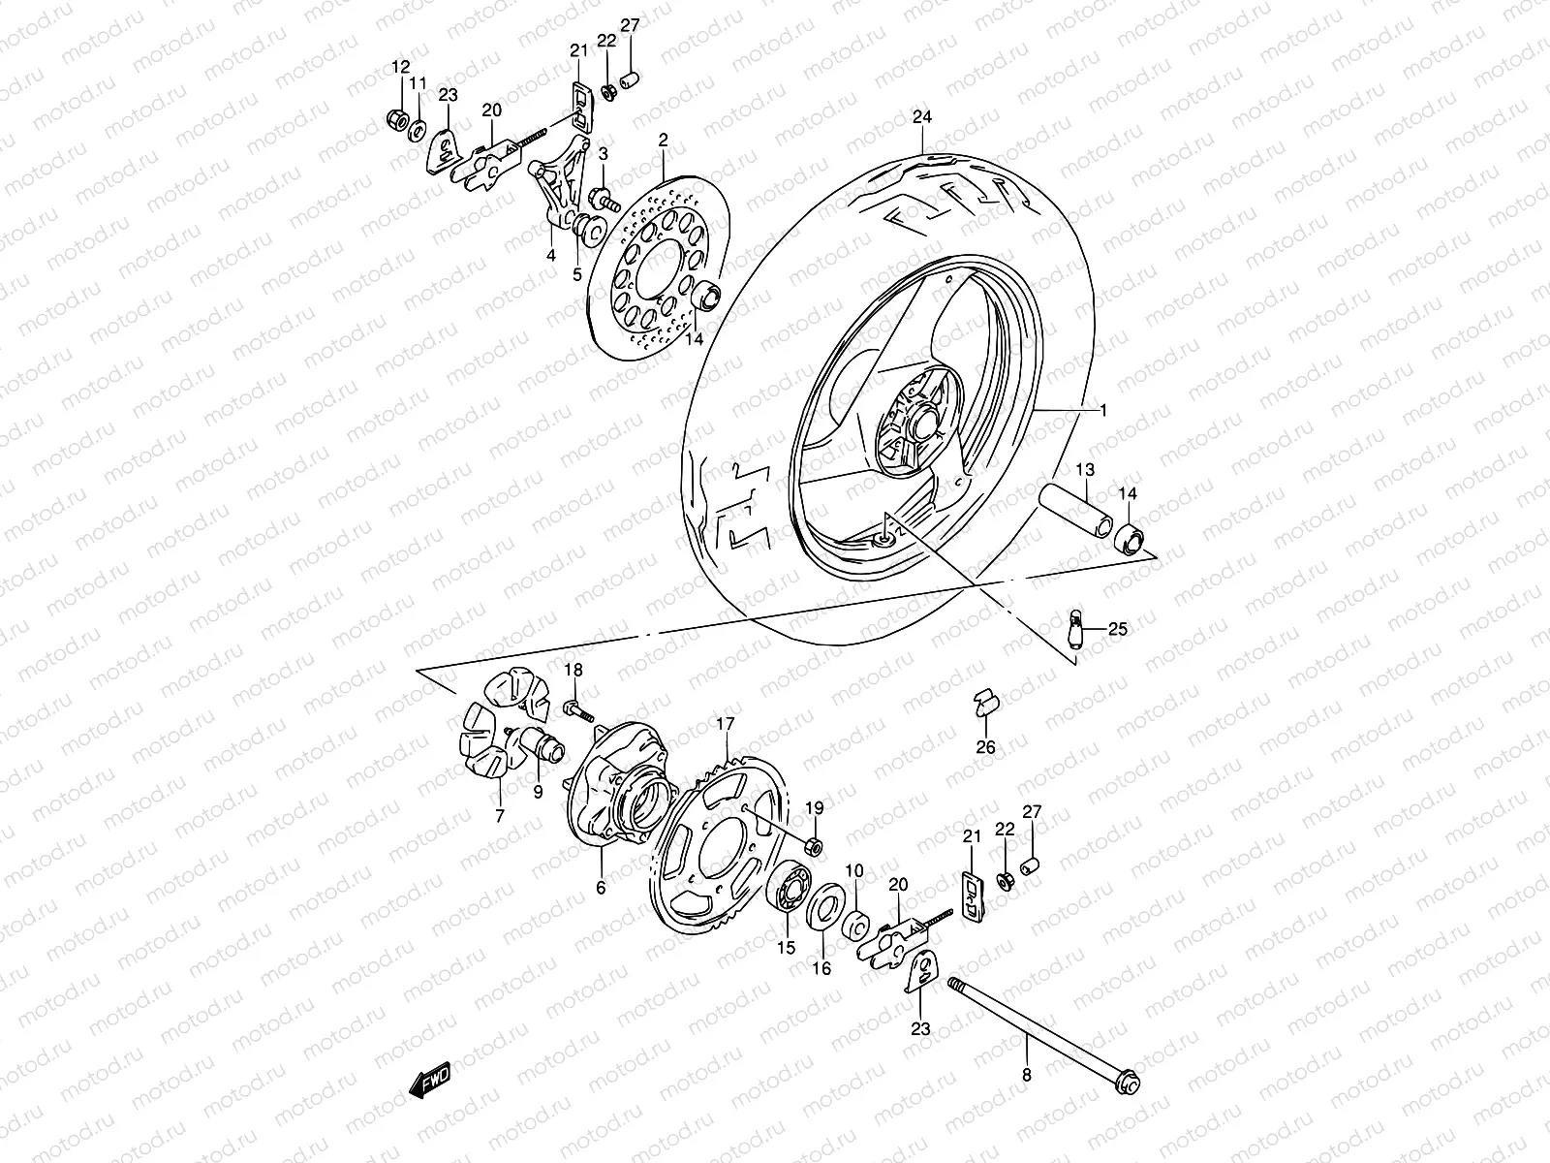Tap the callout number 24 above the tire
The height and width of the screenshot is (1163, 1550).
[922, 118]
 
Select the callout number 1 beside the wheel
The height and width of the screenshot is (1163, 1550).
[1101, 411]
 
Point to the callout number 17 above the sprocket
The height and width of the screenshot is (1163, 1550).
[726, 724]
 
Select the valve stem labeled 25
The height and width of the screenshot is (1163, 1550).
[1075, 629]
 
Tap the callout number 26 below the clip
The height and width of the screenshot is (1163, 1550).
[985, 746]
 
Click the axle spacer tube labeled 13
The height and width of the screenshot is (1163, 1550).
[1077, 506]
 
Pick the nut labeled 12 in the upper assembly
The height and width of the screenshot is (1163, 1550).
[396, 120]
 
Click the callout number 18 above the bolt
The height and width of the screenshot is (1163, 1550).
[573, 671]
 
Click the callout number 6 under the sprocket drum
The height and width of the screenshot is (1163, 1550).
[601, 887]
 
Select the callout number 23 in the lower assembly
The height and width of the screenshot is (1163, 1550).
[919, 1028]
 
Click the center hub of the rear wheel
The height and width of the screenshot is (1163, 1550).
[921, 424]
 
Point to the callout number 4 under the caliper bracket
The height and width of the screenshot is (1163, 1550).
[550, 257]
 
